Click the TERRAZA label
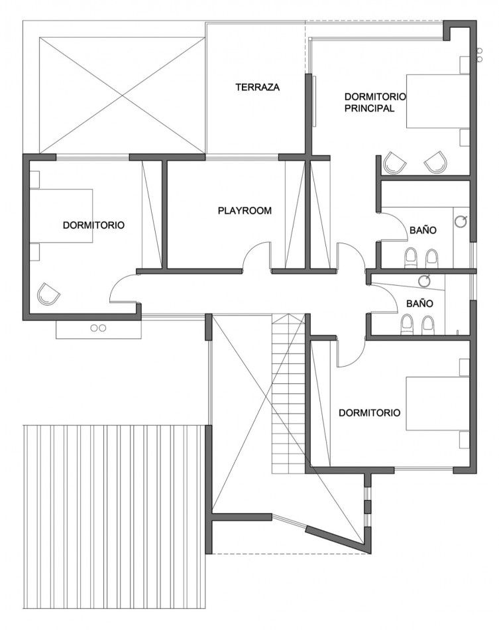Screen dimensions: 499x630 (257, 87)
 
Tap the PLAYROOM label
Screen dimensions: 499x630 (245, 210)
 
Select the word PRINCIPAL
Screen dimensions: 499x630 (369, 108)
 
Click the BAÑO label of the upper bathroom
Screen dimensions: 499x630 (423, 230)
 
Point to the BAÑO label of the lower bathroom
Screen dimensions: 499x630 (419, 303)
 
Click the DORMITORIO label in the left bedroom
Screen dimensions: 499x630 (93, 225)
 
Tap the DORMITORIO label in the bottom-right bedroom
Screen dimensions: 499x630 (369, 412)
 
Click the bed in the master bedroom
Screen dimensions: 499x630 (438, 101)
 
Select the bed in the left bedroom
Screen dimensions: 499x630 (62, 216)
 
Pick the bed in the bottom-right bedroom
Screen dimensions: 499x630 (438, 403)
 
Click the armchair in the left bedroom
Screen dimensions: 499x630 (48, 294)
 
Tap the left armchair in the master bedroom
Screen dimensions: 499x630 (395, 162)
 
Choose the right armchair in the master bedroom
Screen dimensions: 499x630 (435, 162)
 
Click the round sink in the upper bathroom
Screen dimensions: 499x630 (461, 221)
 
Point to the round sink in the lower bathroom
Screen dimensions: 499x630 (424, 280)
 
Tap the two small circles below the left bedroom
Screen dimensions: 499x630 (98, 328)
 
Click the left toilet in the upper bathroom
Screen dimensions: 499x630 (410, 257)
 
